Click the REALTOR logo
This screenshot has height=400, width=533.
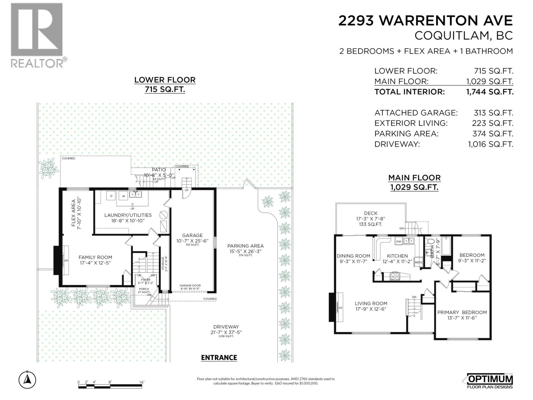[x=37, y=35]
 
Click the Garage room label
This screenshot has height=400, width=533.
[x=192, y=235]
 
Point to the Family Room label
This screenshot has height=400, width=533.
[x=95, y=257]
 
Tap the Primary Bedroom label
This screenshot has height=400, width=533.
[x=462, y=312]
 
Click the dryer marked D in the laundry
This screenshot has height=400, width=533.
[x=111, y=196]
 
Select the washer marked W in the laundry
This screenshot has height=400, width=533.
[x=123, y=196]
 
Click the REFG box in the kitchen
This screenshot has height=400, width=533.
[x=418, y=263]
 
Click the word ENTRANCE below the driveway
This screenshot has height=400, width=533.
[x=219, y=358]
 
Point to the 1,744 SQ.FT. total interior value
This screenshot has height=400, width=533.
[x=490, y=92]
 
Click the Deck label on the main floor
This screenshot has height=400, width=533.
[x=370, y=213]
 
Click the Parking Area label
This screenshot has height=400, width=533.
[x=245, y=246]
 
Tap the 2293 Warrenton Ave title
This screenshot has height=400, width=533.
[x=425, y=21]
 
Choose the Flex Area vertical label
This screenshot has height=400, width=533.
[x=73, y=213]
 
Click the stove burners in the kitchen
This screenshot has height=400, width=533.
[x=395, y=276]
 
